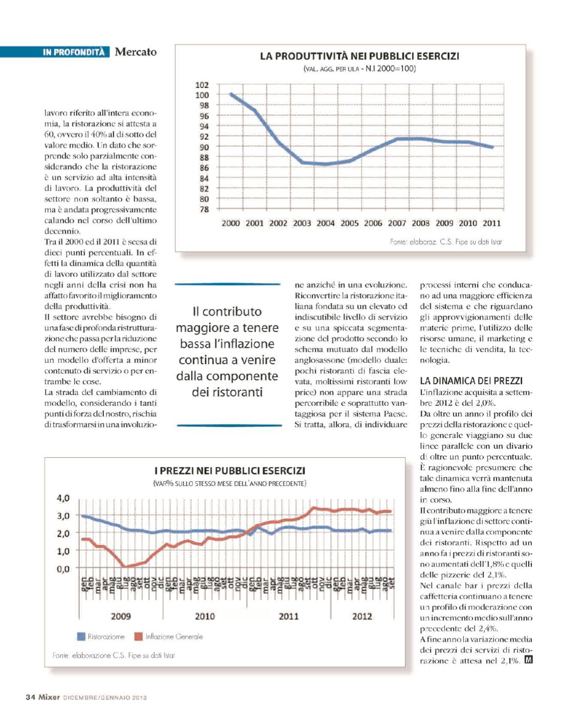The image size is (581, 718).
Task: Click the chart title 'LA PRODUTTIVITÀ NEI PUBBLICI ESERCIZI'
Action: [359, 56]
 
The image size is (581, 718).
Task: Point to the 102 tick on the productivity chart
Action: [202, 85]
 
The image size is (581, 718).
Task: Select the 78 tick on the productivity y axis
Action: [204, 209]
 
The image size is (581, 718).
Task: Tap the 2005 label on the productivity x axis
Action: [349, 223]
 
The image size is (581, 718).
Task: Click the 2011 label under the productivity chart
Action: [491, 223]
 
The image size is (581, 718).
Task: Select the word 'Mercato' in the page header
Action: [136, 52]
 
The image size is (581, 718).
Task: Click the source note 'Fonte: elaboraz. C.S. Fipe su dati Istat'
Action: [445, 242]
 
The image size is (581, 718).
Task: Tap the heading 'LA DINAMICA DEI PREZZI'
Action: [471, 381]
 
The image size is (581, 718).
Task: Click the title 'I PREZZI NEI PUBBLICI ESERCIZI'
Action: [230, 470]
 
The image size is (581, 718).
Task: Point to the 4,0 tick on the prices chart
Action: [63, 498]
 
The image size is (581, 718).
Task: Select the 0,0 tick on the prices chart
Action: [63, 568]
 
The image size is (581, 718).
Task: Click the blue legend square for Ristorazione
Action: [81, 637]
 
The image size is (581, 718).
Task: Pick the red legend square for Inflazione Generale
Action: [138, 637]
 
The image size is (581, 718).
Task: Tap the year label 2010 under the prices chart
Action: [205, 616]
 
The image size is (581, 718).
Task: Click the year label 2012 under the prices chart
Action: [362, 616]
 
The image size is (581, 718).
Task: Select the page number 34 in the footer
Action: [30, 697]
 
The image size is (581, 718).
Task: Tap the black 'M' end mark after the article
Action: [528, 660]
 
